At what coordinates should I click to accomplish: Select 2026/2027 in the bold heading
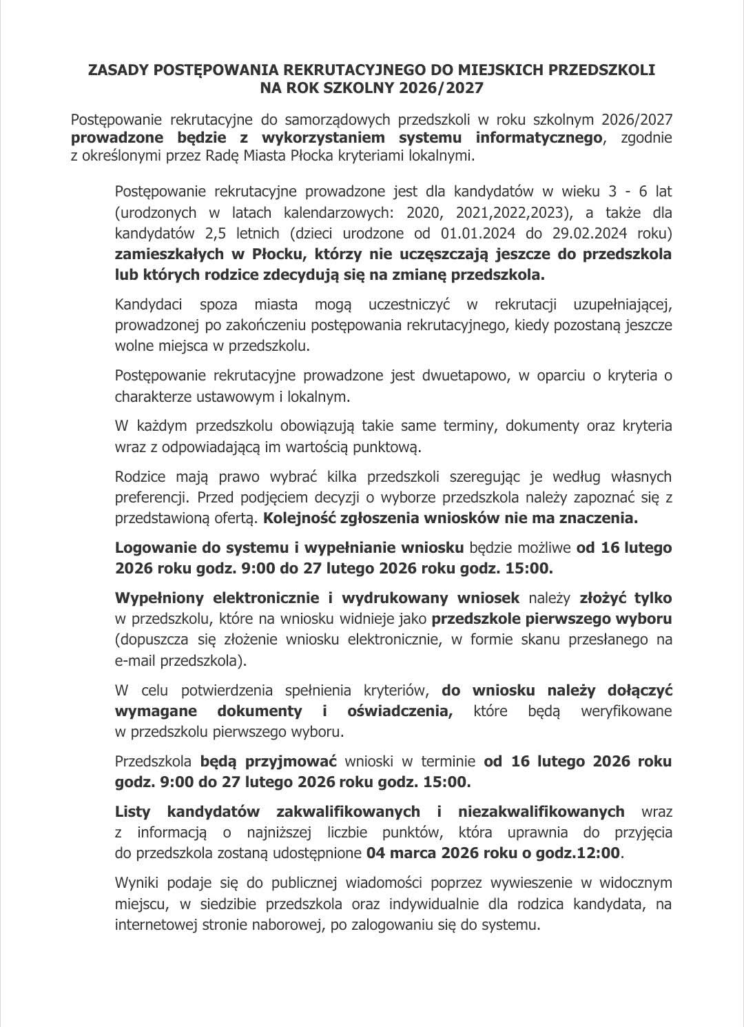446,88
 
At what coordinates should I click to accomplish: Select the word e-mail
135,661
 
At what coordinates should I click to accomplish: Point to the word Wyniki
136,883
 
